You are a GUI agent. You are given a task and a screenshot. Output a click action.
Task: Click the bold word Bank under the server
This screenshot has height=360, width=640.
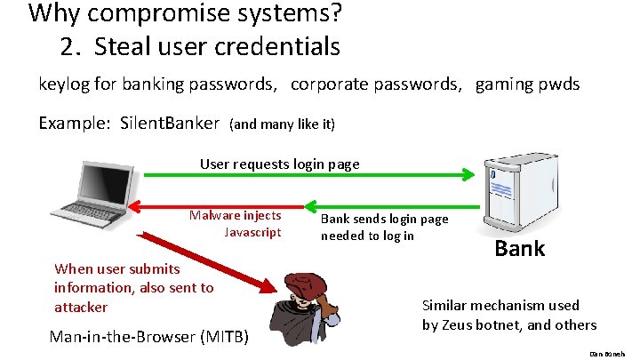[x=519, y=248]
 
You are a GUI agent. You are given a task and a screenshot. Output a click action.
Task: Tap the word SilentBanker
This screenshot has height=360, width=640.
[x=169, y=124]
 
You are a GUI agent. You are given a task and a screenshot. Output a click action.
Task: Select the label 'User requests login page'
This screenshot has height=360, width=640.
[x=279, y=164]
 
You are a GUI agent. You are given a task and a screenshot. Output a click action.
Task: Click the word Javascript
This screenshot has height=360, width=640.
[x=252, y=232]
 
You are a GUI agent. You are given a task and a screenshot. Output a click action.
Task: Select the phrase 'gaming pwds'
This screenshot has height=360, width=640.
[x=527, y=84]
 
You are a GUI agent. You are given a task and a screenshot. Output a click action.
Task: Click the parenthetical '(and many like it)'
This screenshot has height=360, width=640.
[x=282, y=124]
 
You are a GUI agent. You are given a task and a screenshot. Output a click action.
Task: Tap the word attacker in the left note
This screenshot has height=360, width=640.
[x=81, y=307]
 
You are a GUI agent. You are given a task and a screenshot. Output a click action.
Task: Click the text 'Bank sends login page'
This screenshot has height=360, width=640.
[x=384, y=219]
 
